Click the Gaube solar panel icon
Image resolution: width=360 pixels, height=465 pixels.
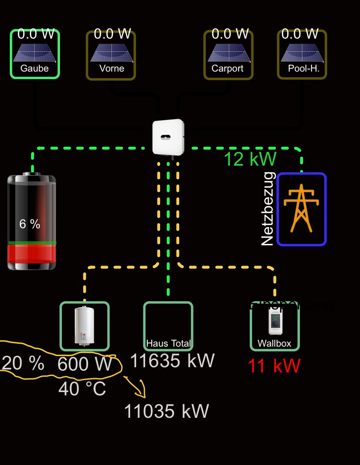pos(34,52)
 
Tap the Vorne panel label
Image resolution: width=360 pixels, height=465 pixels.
pos(111,69)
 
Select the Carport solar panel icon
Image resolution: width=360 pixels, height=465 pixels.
pos(229,52)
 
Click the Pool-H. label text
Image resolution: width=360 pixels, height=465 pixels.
pos(303,69)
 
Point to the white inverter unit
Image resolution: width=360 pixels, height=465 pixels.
pos(168,137)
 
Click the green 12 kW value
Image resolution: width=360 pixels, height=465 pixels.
pos(250,159)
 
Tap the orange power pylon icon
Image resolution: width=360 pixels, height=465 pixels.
pos(301,208)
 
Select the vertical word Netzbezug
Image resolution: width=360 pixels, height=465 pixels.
pos(268,209)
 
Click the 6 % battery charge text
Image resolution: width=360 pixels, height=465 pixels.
pos(30,224)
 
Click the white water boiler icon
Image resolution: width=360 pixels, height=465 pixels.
pos(84,325)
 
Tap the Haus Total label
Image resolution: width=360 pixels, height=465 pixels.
pos(168,343)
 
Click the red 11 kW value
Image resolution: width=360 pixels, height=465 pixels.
pos(274,366)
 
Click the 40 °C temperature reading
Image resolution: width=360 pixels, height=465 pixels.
pos(82,389)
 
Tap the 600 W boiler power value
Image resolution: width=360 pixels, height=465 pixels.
pos(85,364)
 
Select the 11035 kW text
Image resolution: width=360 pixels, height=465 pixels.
pos(166,411)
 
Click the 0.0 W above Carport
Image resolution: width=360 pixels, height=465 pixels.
pos(230,34)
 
